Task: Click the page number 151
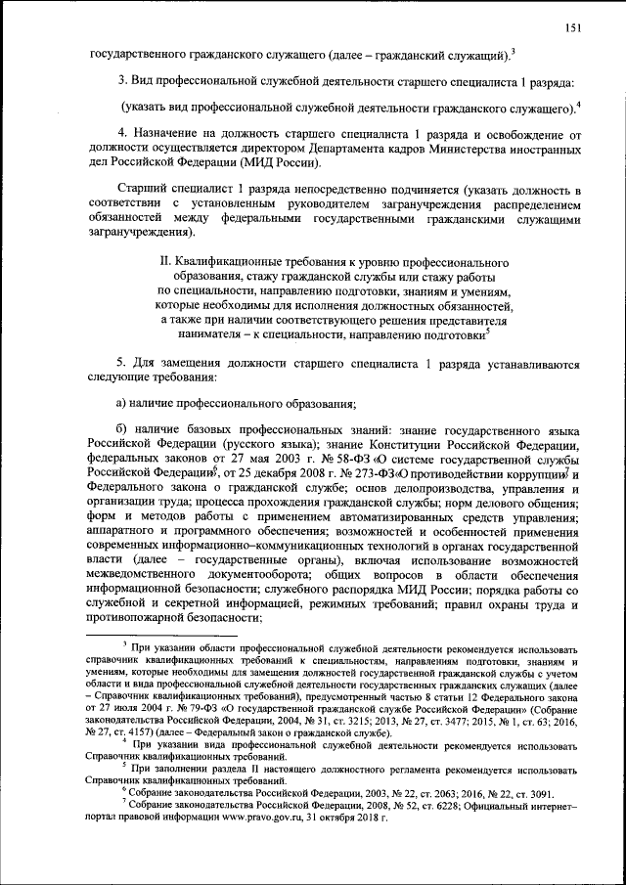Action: tap(573, 26)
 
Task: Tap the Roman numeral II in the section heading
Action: tap(166, 264)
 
